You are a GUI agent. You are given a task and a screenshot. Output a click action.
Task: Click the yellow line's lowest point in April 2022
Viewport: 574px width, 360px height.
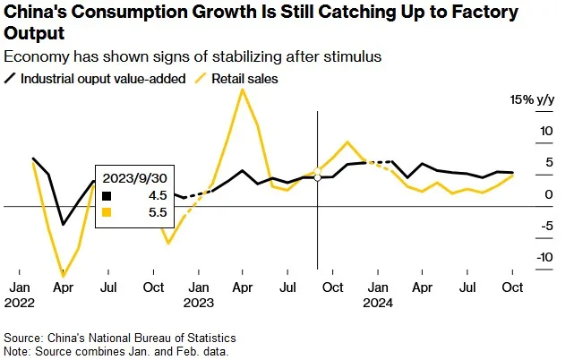point(63,276)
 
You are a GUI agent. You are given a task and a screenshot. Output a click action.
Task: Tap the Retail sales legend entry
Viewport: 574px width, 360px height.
point(244,79)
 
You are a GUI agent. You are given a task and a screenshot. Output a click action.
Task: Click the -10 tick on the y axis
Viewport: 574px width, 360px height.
point(518,257)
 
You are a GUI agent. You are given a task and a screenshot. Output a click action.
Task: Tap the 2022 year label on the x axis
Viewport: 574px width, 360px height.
point(21,304)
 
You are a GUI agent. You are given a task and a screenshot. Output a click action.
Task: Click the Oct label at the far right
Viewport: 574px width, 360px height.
point(510,288)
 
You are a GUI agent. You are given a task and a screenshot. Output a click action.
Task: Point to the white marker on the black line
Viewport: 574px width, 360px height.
point(317,177)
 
